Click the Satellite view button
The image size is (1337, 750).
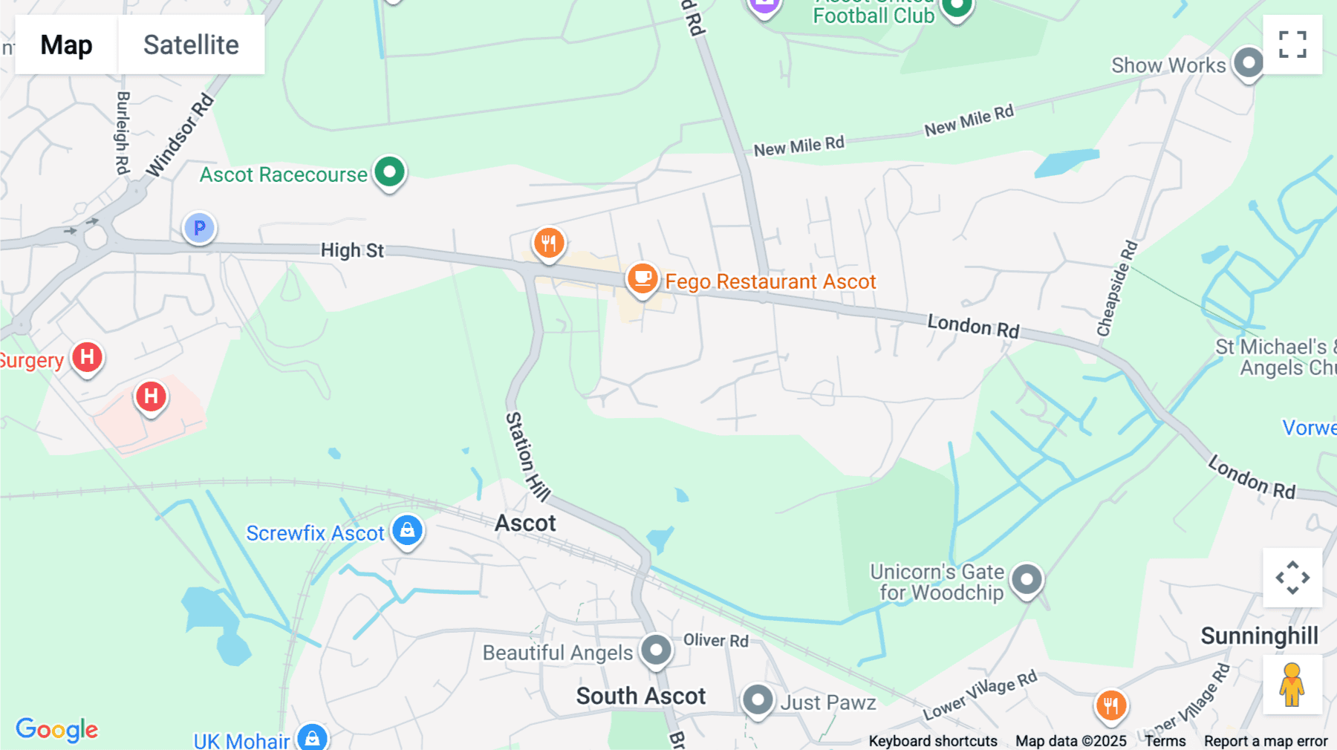(x=191, y=45)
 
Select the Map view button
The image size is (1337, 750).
(x=66, y=45)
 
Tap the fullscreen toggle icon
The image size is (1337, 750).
(x=1292, y=45)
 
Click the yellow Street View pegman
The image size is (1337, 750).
(x=1292, y=685)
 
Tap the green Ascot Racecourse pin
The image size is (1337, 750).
(x=389, y=172)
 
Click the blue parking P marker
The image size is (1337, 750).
(x=199, y=228)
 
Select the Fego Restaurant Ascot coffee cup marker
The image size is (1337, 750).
(x=643, y=279)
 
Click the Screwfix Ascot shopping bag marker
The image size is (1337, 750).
(x=407, y=530)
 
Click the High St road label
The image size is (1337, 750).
(x=352, y=250)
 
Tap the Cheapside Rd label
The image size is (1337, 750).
(x=1117, y=288)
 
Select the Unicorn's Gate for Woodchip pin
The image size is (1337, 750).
(x=1027, y=578)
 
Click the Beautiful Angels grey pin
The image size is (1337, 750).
(x=657, y=650)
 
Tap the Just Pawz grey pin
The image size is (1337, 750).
(x=758, y=700)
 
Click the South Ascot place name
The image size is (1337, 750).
(x=640, y=696)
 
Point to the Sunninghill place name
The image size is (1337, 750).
(x=1259, y=636)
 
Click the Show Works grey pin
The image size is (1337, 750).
(x=1249, y=63)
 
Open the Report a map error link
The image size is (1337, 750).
(x=1265, y=741)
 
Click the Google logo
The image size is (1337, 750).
(x=57, y=729)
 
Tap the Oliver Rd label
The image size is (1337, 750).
(x=715, y=640)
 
